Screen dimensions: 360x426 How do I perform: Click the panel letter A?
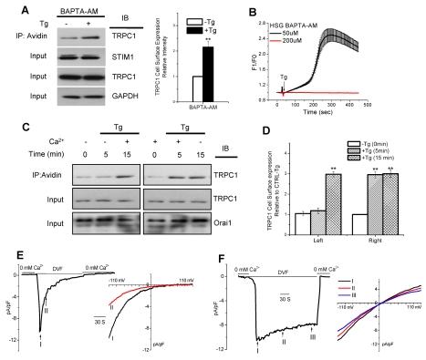click(8, 7)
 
